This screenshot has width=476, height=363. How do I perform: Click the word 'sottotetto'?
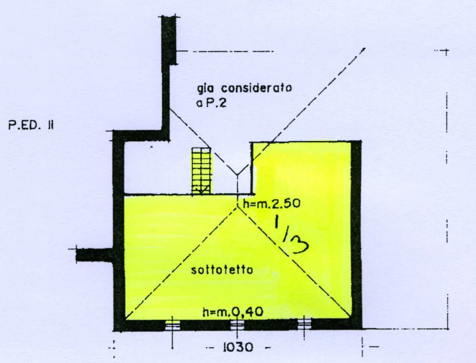(x=222, y=271)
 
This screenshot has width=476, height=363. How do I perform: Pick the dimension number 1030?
(x=236, y=348)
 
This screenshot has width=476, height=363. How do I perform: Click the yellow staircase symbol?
(x=202, y=170)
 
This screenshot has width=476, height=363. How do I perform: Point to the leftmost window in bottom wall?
(x=173, y=325)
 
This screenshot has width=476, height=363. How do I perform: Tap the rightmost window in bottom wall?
(x=304, y=325)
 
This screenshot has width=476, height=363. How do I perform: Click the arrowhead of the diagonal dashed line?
(x=363, y=49)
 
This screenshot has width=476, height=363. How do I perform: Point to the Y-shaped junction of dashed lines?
(x=237, y=173)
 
